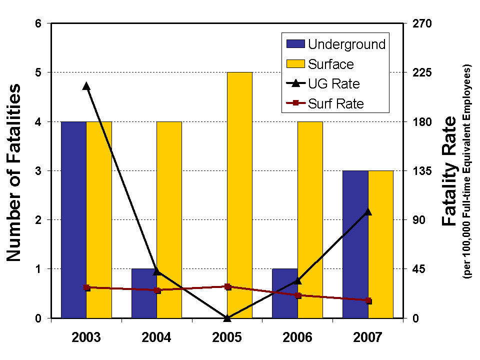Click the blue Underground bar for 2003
coord(73,220)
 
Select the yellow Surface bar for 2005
coord(239,195)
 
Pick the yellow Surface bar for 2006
coord(310,220)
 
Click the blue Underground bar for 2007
coord(355,245)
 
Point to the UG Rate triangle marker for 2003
coord(86,86)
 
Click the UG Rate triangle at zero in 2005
coord(227,317)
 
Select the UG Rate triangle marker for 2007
coord(368,211)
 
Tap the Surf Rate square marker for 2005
coord(227,286)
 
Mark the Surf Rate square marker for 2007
coord(368,300)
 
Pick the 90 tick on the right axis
coord(417,220)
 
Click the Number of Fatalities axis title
coord(14,172)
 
